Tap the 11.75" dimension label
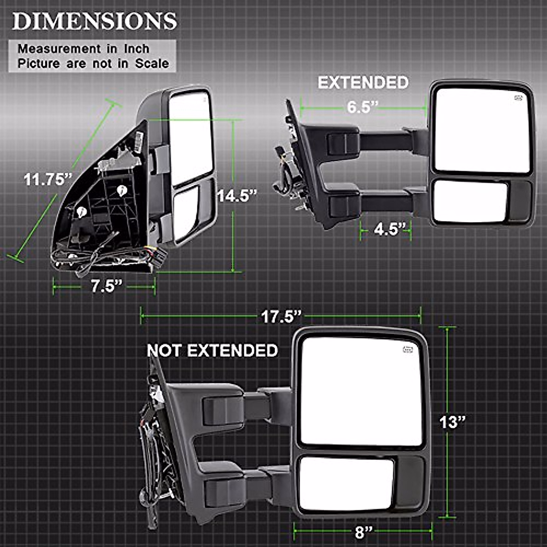point(48,180)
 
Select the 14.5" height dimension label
point(237,196)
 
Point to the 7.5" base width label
point(107,286)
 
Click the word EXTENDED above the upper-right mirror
point(363,83)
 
